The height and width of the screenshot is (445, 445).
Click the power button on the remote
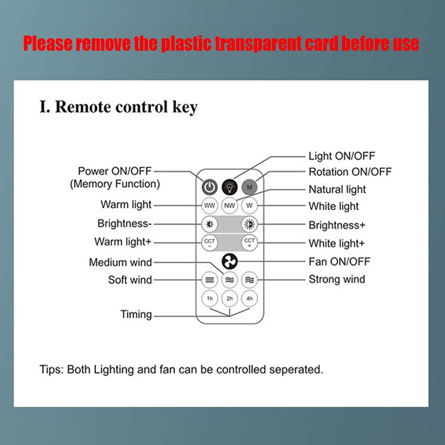[x=210, y=187]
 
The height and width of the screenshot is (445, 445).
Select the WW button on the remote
[x=210, y=206]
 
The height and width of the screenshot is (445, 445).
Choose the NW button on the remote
[x=230, y=206]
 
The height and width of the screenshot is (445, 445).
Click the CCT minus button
[x=210, y=243]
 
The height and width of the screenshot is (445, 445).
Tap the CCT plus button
[x=250, y=243]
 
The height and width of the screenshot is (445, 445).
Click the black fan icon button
[x=230, y=262]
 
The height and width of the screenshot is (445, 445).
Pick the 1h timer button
[x=210, y=298]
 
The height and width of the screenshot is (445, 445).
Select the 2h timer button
[x=230, y=298]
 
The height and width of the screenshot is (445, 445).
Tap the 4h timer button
[x=250, y=298]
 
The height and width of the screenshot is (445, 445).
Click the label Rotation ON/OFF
[x=350, y=172]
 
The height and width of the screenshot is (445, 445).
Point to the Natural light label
[x=337, y=190]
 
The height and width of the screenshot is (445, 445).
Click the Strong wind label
[x=336, y=279]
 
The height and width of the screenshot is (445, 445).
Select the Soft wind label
[x=130, y=280]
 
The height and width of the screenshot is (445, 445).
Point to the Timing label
[x=136, y=315]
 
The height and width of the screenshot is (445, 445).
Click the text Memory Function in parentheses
[x=115, y=184]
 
